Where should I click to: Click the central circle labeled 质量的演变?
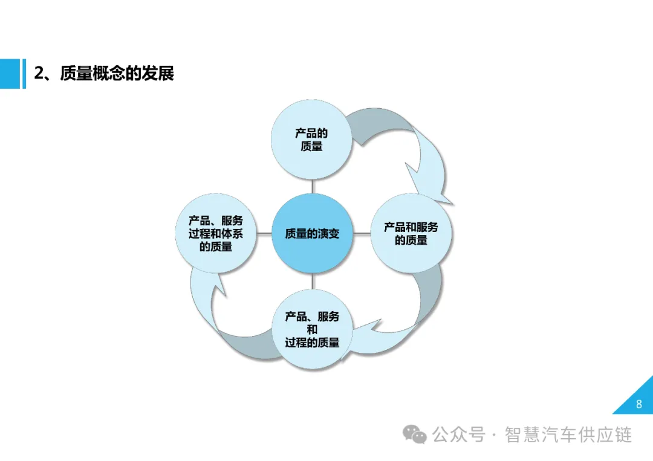(x=312, y=234)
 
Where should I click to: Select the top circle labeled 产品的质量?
(x=311, y=140)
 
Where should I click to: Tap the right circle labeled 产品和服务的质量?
(x=411, y=234)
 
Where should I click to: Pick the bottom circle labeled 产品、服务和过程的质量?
(x=312, y=329)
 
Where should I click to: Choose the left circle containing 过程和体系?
(x=216, y=234)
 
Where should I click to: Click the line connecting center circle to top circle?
(x=312, y=187)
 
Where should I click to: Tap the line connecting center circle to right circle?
(x=361, y=234)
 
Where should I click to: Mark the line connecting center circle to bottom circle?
(x=312, y=282)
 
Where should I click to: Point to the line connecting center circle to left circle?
(x=264, y=234)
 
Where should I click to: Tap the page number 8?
(x=639, y=404)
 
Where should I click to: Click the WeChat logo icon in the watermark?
(x=415, y=434)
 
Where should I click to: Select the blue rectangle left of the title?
(x=10, y=74)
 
